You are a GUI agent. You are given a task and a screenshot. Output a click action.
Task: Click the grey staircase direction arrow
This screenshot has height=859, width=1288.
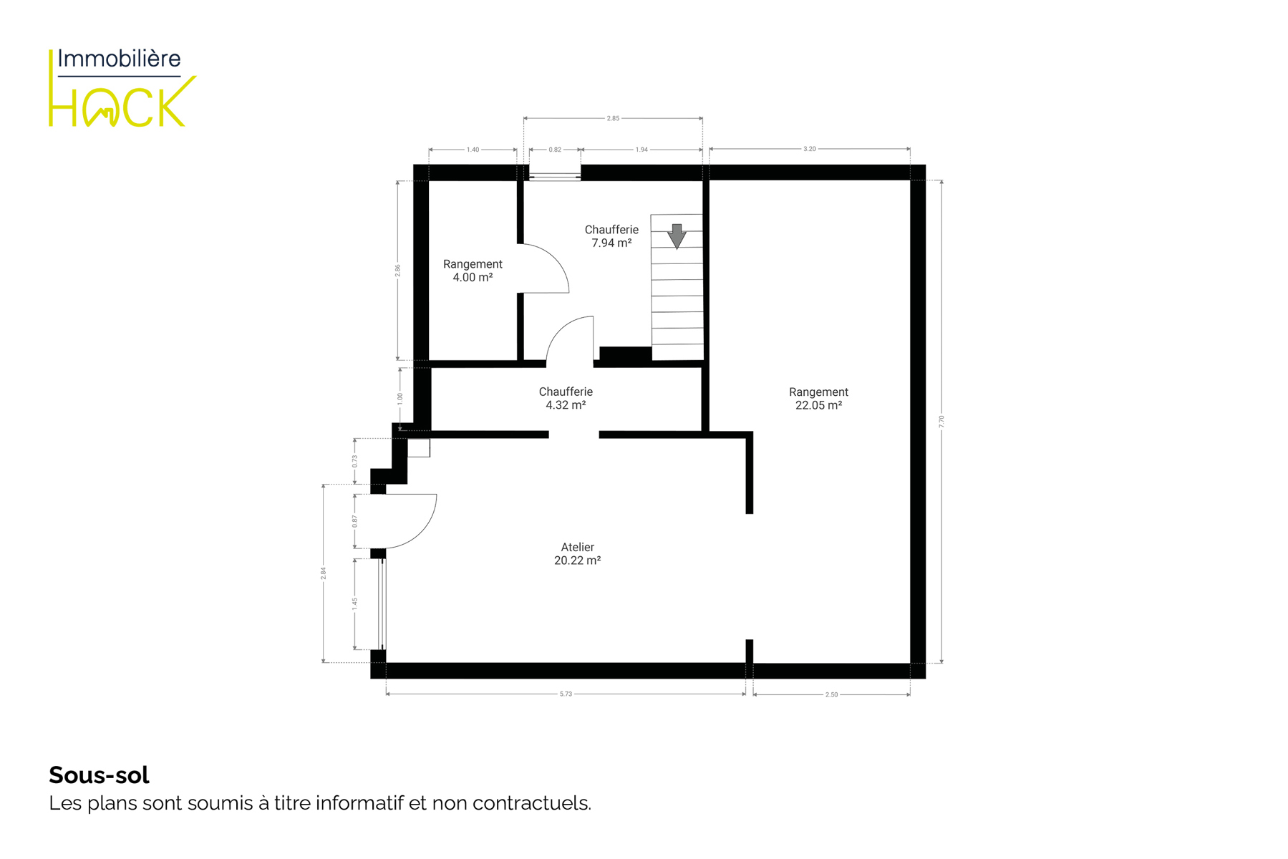677,236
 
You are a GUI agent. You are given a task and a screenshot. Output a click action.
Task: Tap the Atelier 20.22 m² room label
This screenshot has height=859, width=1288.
577,554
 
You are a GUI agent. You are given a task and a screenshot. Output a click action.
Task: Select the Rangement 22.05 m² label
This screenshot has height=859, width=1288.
818,399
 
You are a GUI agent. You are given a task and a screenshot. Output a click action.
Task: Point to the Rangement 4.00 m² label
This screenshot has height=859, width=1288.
473,271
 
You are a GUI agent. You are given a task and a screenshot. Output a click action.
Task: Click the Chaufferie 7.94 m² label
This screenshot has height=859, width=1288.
611,236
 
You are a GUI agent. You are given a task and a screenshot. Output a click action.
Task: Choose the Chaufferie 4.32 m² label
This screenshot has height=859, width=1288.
566,398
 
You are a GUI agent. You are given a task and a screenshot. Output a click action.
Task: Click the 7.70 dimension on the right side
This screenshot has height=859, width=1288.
941,422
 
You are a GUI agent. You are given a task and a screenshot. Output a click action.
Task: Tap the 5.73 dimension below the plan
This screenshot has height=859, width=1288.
566,694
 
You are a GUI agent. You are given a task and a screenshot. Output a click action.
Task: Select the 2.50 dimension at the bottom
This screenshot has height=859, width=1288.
831,694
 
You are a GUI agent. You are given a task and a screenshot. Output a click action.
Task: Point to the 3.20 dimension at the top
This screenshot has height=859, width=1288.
809,149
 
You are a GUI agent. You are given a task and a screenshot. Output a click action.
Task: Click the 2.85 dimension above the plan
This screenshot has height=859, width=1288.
613,118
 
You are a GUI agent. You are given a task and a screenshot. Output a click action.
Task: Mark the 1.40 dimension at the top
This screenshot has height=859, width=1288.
473,150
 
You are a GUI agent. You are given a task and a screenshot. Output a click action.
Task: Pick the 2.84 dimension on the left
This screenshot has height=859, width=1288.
323,573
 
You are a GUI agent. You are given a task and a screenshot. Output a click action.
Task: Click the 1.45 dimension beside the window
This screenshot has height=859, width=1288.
354,604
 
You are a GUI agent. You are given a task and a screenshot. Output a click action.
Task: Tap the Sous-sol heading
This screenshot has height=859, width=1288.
99,775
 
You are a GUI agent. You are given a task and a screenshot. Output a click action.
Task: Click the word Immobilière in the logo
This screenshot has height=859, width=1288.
119,58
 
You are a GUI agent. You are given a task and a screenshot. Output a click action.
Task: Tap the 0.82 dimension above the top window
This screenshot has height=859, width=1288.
555,150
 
